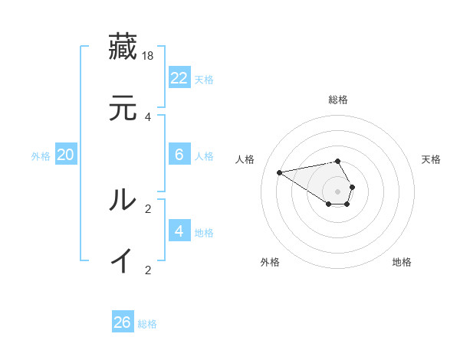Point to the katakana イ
pyautogui.click(x=123, y=260)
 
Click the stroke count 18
pyautogui.click(x=149, y=55)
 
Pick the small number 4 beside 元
pyautogui.click(x=148, y=116)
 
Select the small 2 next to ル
pyautogui.click(x=148, y=208)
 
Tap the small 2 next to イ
pyautogui.click(x=148, y=270)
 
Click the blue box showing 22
pyautogui.click(x=179, y=78)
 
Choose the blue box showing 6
pyautogui.click(x=179, y=155)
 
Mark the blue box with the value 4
pyautogui.click(x=179, y=231)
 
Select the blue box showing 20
pyautogui.click(x=66, y=155)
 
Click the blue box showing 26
pyautogui.click(x=123, y=322)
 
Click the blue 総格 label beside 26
pyautogui.click(x=147, y=324)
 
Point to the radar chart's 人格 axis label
pyautogui.click(x=245, y=159)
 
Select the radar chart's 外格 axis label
pyautogui.click(x=270, y=262)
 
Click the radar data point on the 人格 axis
pyautogui.click(x=280, y=172)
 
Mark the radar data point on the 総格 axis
pyautogui.click(x=338, y=161)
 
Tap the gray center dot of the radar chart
pyautogui.click(x=338, y=191)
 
